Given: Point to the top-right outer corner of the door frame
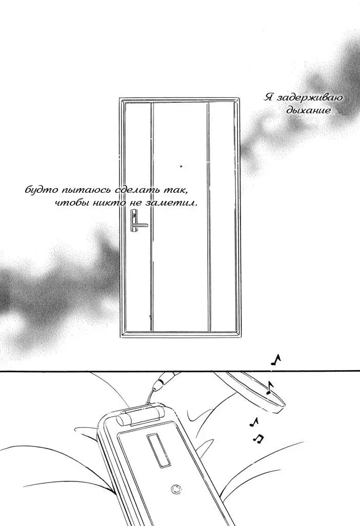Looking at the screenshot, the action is click(x=240, y=98).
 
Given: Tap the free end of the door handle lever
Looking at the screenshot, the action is click(x=147, y=226).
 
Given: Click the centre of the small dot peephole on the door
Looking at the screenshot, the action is click(x=181, y=166).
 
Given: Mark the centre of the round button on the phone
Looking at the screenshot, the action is click(x=175, y=489).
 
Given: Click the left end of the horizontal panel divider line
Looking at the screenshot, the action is click(x=0, y=371).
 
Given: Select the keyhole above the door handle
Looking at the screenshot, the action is click(x=134, y=213).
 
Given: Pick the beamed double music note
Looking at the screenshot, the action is click(x=258, y=438).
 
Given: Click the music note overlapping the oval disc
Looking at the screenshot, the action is click(x=270, y=388).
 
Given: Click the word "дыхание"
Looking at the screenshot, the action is click(x=308, y=110).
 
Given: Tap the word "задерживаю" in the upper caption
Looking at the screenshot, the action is click(x=308, y=98).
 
